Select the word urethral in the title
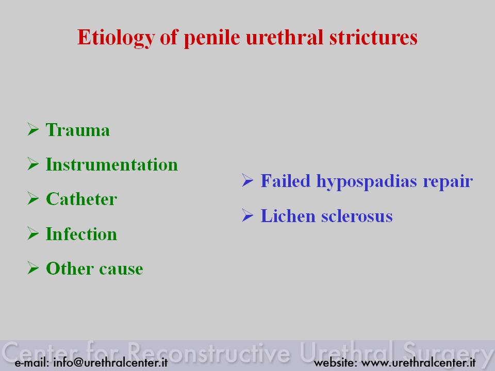(x=285, y=37)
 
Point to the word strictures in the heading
(x=373, y=37)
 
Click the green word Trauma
(x=78, y=130)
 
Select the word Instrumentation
(x=112, y=164)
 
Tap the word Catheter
(x=81, y=199)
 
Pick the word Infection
(x=81, y=234)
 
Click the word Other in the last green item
(x=70, y=268)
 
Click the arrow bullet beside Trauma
(x=33, y=129)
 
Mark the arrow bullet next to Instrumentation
(x=33, y=164)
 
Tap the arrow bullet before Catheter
(x=33, y=198)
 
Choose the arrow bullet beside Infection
(x=33, y=233)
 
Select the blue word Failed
(x=285, y=181)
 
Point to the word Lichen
(x=288, y=216)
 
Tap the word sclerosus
(x=357, y=216)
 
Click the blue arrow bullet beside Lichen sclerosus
(x=247, y=215)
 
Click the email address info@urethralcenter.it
(x=110, y=362)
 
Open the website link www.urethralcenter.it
(x=418, y=362)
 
